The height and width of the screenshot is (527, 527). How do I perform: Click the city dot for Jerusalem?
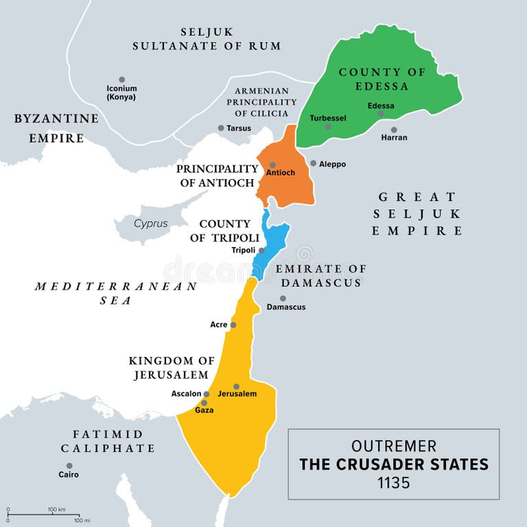[x=236, y=386]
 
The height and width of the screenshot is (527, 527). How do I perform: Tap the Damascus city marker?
[x=283, y=298]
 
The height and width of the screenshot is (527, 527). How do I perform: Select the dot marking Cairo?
[x=69, y=465]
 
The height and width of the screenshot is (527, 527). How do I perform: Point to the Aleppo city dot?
[x=313, y=163]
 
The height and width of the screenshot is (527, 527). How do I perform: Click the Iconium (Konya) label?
[x=121, y=92]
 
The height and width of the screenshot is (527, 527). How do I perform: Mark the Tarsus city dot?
[x=221, y=128]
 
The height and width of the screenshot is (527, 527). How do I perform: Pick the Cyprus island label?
[x=150, y=223]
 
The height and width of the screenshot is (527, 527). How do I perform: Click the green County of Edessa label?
[x=382, y=79]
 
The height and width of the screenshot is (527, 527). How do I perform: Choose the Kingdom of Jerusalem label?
[x=172, y=368]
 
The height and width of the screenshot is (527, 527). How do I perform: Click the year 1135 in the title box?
[x=393, y=482]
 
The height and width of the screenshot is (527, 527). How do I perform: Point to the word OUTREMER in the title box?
[x=393, y=445]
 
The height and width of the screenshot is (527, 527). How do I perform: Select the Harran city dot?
[x=394, y=129]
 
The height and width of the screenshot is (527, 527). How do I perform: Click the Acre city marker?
[x=233, y=325]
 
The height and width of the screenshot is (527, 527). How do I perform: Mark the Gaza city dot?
[x=204, y=403]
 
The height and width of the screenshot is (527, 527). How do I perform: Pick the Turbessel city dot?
[x=328, y=126]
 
